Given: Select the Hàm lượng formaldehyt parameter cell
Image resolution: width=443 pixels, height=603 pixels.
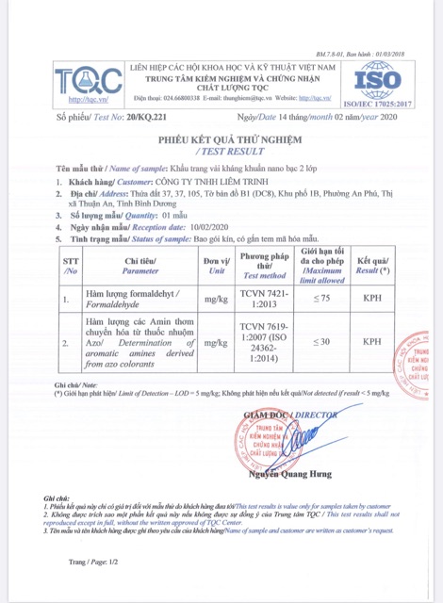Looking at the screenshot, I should [140, 301].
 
